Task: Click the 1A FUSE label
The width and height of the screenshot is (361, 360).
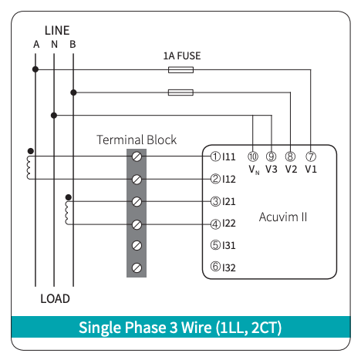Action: pos(182,56)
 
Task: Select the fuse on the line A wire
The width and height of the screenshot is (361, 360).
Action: pos(180,69)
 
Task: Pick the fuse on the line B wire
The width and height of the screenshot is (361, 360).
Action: pos(180,93)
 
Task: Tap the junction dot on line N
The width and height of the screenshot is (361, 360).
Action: pos(54,116)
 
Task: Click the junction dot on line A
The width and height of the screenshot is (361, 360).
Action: pos(35,69)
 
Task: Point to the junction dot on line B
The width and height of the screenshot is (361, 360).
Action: pos(73,93)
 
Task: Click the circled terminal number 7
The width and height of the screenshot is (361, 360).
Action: pos(311,156)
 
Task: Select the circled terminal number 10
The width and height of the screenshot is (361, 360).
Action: pos(253,156)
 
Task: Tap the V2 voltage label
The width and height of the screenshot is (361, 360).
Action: pos(291,169)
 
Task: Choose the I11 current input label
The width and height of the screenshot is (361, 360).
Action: pos(229,156)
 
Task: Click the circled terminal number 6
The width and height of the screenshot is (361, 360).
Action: pos(215,267)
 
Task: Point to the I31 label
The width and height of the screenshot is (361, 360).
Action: pos(229,245)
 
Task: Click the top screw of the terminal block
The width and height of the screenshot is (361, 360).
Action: pos(137,156)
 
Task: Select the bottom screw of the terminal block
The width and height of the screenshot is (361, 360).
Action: pos(137,267)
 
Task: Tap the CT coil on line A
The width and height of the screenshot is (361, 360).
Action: pos(29,167)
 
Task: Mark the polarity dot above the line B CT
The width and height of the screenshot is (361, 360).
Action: pos(69,197)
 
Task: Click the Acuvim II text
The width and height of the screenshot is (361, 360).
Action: pos(283,217)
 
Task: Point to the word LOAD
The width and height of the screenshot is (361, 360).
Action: pos(55,298)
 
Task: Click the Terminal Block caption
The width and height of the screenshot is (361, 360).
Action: pos(137,140)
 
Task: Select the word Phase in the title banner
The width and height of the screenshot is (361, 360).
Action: pos(145,328)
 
